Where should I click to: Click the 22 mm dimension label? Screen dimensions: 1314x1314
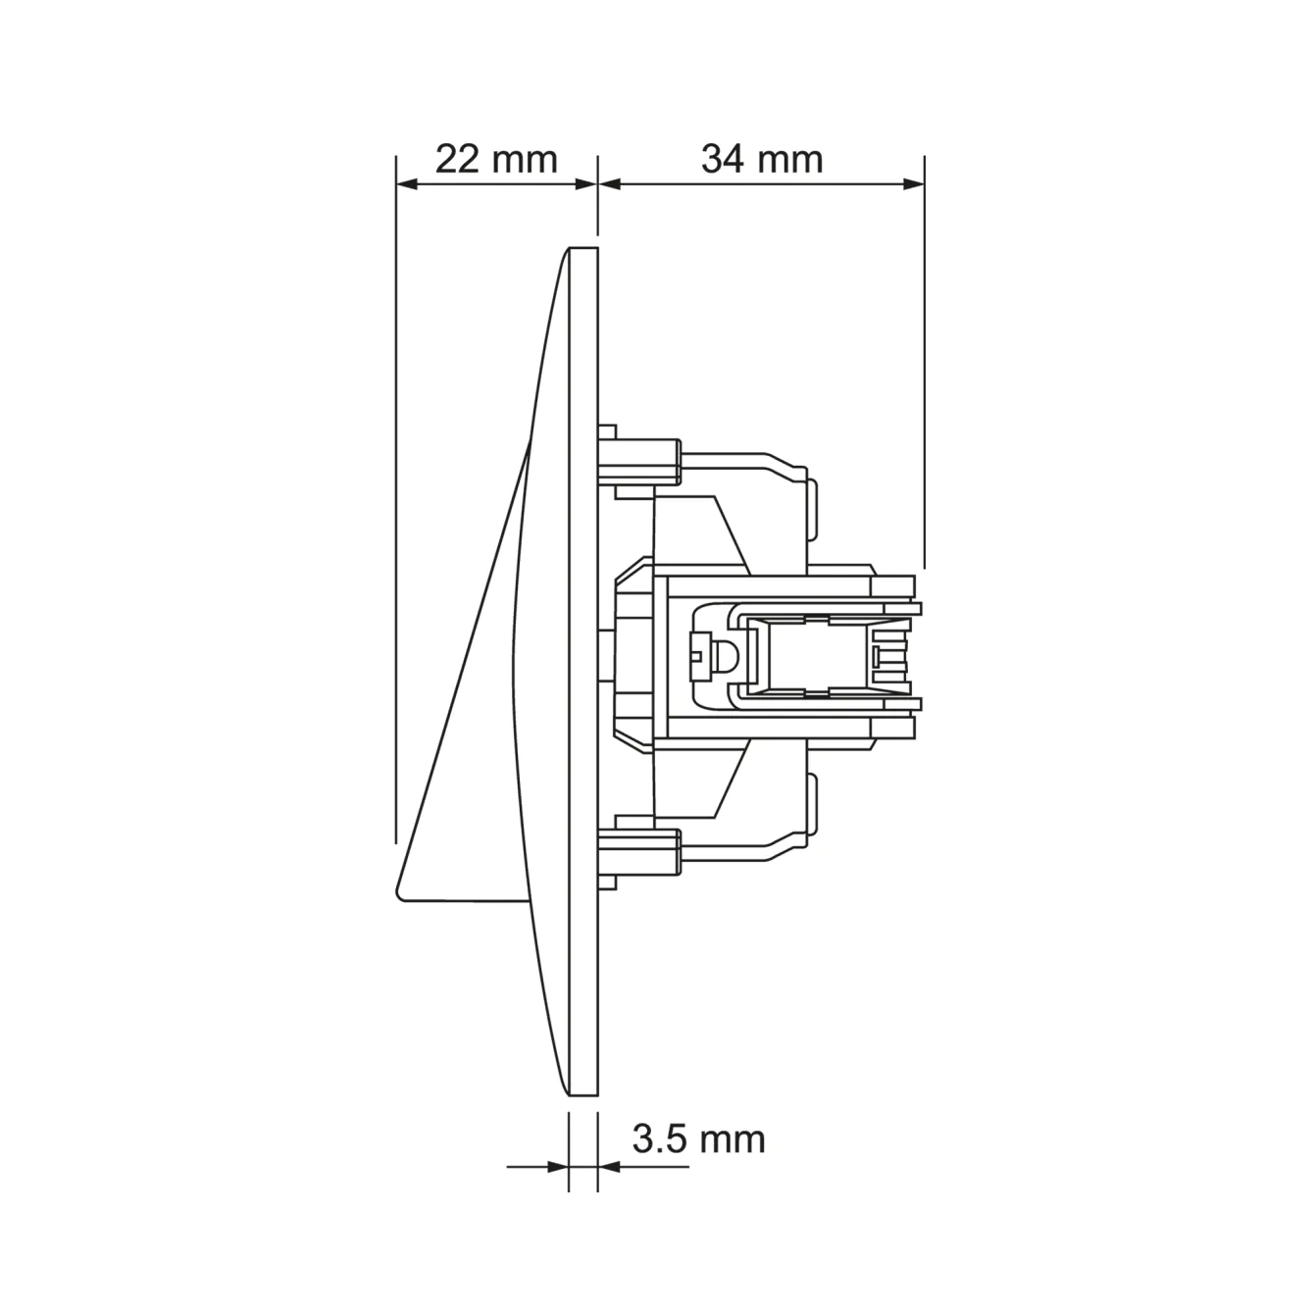[496, 159]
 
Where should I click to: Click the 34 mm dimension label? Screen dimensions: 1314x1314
[762, 159]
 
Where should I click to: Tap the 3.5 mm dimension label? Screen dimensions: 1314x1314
[698, 1138]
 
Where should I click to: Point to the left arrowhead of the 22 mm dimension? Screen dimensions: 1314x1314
[407, 183]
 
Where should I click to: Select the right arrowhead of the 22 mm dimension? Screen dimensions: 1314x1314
[586, 183]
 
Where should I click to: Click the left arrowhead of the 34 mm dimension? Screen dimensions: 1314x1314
[610, 183]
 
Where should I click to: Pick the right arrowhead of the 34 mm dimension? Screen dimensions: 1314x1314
[913, 183]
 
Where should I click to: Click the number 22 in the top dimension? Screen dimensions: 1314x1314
[458, 159]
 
